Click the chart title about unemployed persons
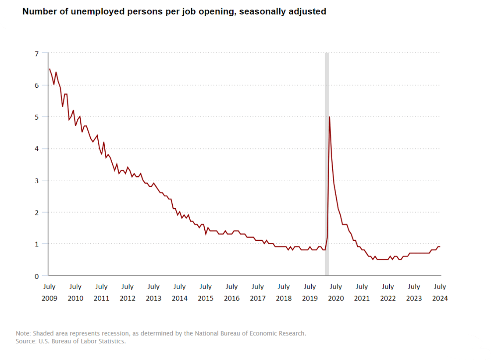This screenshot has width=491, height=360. click(x=174, y=12)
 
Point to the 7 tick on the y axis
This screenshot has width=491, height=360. click(x=37, y=53)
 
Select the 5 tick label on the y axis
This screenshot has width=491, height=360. click(x=37, y=117)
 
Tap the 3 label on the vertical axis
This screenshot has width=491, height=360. click(x=37, y=181)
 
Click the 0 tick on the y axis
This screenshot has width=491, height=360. click(x=37, y=276)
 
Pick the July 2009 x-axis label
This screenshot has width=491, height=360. click(x=50, y=292)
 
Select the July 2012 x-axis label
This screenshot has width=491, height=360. click(x=128, y=292)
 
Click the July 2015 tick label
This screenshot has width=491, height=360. click(x=206, y=292)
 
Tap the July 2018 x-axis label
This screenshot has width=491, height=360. click(x=284, y=292)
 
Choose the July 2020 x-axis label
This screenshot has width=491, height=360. click(x=336, y=292)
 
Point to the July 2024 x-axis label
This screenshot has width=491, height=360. click(x=440, y=292)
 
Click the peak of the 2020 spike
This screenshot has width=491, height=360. click(x=329, y=117)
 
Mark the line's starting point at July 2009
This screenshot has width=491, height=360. click(x=50, y=69)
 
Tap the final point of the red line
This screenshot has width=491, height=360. click(x=440, y=246)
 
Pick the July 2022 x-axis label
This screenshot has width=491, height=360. click(x=388, y=292)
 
